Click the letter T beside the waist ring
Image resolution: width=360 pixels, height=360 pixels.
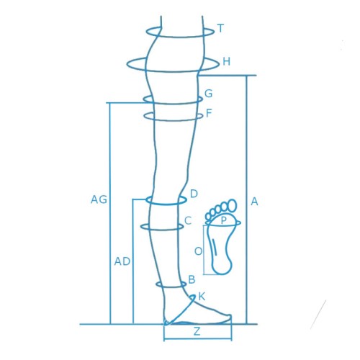pyautogui.click(x=220, y=28)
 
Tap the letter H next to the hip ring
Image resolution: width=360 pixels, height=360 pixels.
pyautogui.click(x=226, y=62)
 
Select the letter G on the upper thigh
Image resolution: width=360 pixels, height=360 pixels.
pyautogui.click(x=208, y=94)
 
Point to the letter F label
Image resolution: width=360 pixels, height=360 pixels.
pyautogui.click(x=209, y=113)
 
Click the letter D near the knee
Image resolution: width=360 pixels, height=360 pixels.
pyautogui.click(x=194, y=194)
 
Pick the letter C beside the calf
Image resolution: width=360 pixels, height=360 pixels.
pyautogui.click(x=188, y=220)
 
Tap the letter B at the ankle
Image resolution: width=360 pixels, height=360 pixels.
pyautogui.click(x=192, y=279)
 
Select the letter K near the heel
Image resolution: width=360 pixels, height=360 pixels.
pyautogui.click(x=202, y=297)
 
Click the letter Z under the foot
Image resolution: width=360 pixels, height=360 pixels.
pyautogui.click(x=197, y=331)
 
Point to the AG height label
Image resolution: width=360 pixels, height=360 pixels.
pyautogui.click(x=99, y=199)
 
